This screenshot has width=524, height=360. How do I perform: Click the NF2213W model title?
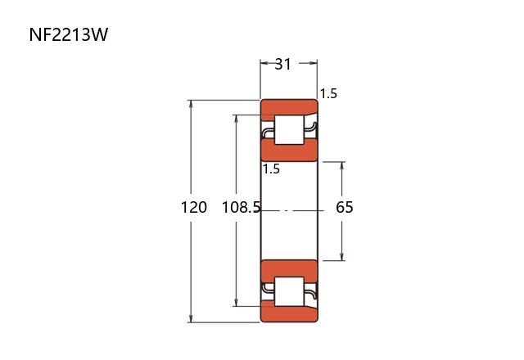[x=69, y=34]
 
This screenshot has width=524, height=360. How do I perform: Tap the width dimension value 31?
[x=282, y=64]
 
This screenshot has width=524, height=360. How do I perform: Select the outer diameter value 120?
[x=194, y=207]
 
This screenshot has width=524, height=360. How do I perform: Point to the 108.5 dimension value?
[x=241, y=207]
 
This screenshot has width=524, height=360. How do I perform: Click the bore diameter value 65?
[x=345, y=207]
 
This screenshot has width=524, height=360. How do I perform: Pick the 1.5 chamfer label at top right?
[x=328, y=94]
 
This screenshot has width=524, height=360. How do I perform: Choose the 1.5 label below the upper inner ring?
[x=271, y=169]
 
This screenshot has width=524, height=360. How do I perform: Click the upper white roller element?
[x=289, y=130]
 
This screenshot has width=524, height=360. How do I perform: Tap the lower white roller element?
[x=289, y=291]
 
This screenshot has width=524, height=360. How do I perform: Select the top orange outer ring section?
[x=289, y=110]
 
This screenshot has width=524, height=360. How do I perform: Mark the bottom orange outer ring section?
[x=289, y=312]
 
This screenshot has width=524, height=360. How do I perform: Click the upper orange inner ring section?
[x=289, y=150]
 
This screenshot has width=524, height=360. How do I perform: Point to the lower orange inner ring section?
[x=289, y=271]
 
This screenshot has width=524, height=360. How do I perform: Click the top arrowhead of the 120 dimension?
[x=191, y=104]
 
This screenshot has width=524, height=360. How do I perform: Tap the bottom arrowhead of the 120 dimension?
[x=191, y=318]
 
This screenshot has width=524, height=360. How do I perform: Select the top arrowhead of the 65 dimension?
[x=341, y=166]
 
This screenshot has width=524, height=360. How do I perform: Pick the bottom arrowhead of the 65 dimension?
[x=341, y=256]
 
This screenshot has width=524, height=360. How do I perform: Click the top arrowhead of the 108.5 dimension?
[x=237, y=119]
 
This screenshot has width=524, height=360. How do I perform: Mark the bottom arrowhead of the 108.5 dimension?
[x=237, y=302]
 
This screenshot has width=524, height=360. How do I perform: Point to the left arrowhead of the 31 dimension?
[x=264, y=63]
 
